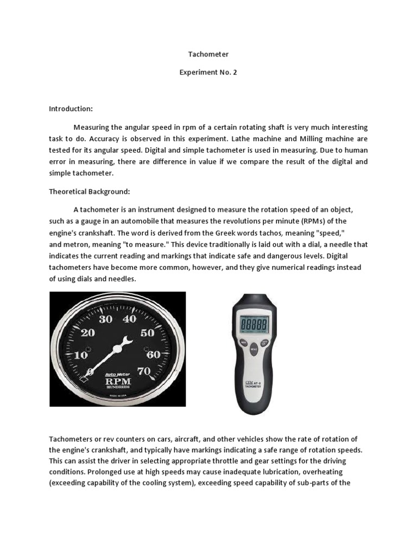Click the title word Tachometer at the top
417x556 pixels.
tap(208, 54)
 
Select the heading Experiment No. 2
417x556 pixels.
tap(208, 72)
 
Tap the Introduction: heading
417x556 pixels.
tap(71, 109)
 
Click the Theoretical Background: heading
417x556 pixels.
tap(90, 192)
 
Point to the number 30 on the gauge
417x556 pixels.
tap(105, 319)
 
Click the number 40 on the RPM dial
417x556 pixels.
tap(129, 319)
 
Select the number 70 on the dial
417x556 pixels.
tap(144, 372)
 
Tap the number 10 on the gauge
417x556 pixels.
tap(81, 355)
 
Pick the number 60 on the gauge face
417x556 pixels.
tap(153, 354)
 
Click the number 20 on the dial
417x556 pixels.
tap(87, 332)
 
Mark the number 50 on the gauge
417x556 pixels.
tap(147, 333)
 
